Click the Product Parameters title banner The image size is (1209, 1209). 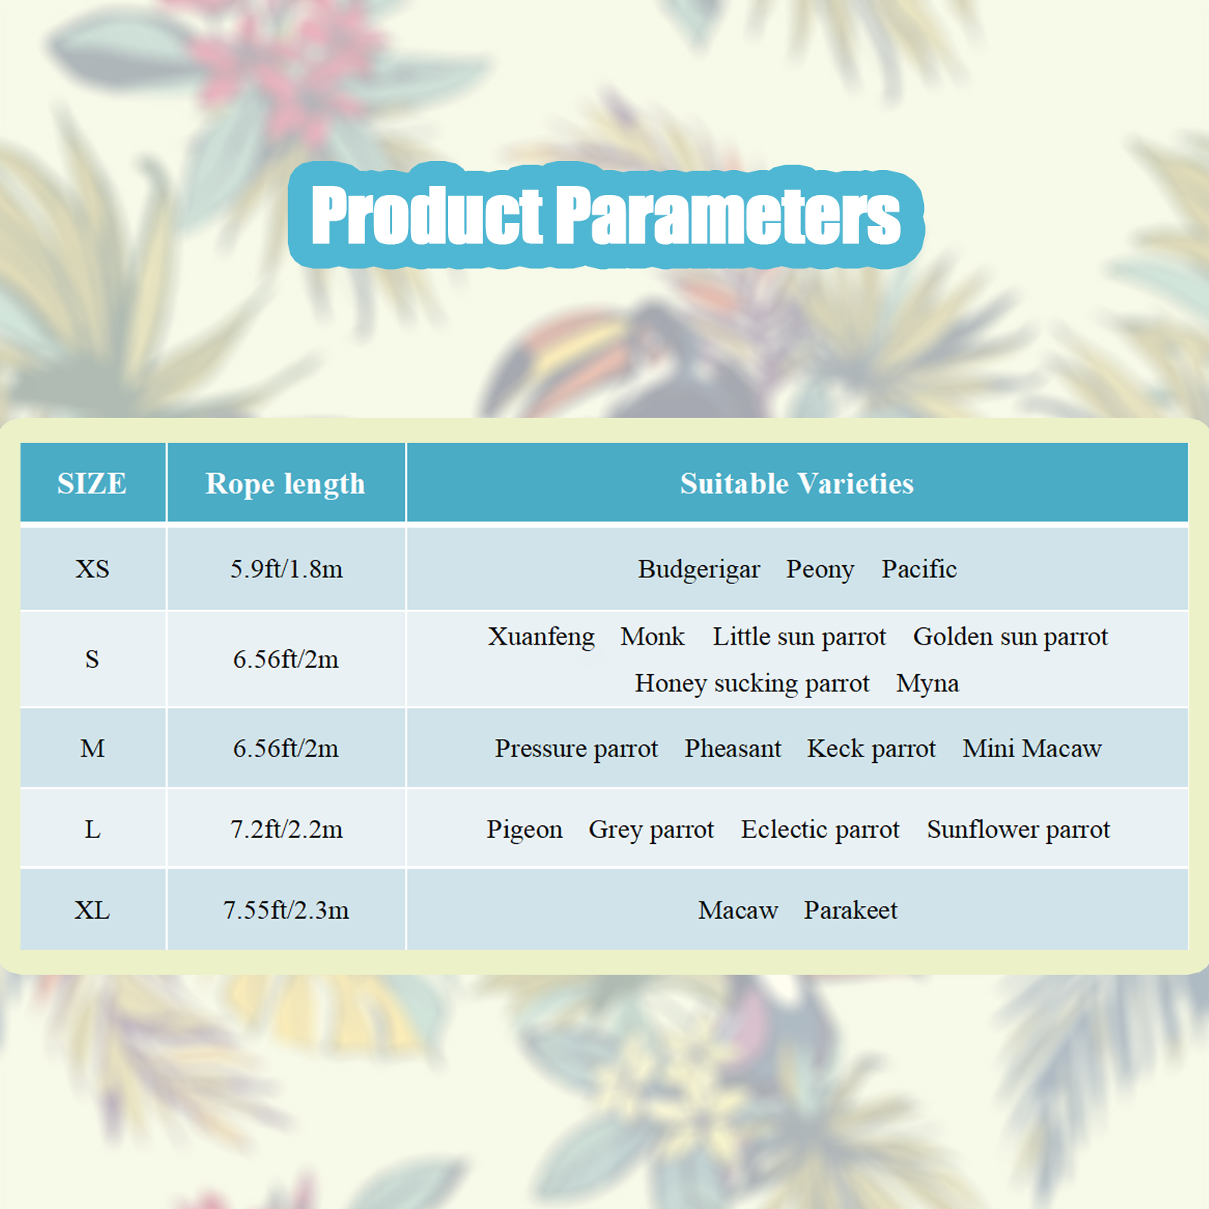click(606, 215)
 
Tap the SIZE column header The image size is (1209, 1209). click(92, 484)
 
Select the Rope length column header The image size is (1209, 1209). click(286, 484)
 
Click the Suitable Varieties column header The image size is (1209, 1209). click(797, 484)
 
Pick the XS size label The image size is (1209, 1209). click(92, 569)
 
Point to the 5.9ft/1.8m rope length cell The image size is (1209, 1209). click(286, 569)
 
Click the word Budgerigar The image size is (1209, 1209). click(699, 570)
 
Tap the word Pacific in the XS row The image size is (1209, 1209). click(919, 569)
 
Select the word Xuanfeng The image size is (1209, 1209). click(541, 637)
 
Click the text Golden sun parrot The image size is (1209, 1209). click(1010, 637)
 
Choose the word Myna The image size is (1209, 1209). click(927, 684)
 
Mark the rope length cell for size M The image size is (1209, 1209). click(286, 749)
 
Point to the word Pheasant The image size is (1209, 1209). click(733, 749)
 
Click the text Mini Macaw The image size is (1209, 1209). click(1032, 749)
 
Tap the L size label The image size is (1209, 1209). click(92, 830)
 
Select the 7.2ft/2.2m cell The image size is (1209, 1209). click(286, 830)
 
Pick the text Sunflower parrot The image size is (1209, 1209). click(1019, 830)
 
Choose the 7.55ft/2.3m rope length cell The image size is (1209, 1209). click(286, 911)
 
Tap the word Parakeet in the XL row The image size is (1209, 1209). click(850, 911)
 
